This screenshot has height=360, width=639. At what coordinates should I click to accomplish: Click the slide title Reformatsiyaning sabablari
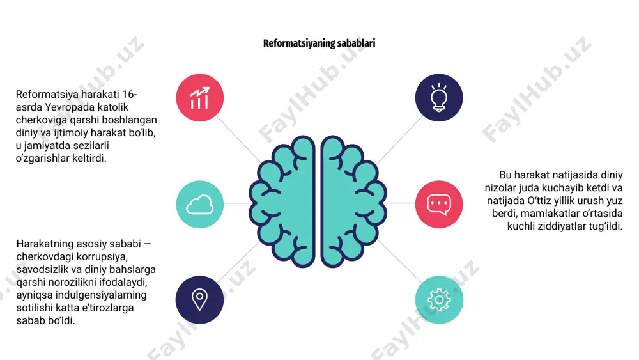(x=319, y=43)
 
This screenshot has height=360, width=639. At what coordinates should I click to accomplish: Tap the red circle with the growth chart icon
(x=199, y=97)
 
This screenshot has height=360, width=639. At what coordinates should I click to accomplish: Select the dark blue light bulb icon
(x=439, y=97)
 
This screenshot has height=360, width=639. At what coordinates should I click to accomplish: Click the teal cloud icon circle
(x=199, y=204)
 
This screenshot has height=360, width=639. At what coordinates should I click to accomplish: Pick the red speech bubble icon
(x=439, y=204)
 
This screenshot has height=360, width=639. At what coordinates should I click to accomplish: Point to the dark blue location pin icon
(x=199, y=300)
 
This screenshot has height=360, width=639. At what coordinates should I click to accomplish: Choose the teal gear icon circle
(x=439, y=300)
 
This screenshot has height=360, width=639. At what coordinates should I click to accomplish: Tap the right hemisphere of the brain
(x=353, y=201)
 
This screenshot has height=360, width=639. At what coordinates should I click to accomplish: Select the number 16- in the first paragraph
(x=130, y=94)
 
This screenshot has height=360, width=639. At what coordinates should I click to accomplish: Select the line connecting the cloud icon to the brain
(x=236, y=203)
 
